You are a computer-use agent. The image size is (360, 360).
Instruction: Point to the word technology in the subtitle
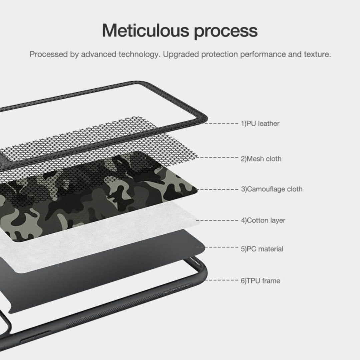(139, 55)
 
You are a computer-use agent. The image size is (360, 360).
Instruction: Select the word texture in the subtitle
(318, 54)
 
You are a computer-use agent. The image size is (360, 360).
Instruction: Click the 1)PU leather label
(260, 124)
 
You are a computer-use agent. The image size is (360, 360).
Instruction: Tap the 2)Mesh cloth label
(261, 159)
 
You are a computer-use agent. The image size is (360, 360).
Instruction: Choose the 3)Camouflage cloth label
(272, 189)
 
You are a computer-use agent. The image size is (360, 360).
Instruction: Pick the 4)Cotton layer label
(263, 220)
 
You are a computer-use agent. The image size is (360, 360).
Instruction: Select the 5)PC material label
(262, 249)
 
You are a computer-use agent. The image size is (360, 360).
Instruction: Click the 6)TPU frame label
(260, 281)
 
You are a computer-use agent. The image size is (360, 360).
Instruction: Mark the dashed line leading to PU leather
(221, 123)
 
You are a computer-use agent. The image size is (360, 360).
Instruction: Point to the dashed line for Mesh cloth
(217, 157)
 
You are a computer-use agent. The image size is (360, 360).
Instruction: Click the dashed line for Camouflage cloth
(217, 190)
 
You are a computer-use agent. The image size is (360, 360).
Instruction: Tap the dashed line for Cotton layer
(217, 220)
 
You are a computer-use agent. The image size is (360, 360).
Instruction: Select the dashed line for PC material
(217, 247)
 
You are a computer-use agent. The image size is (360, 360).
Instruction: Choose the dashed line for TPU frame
(222, 280)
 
